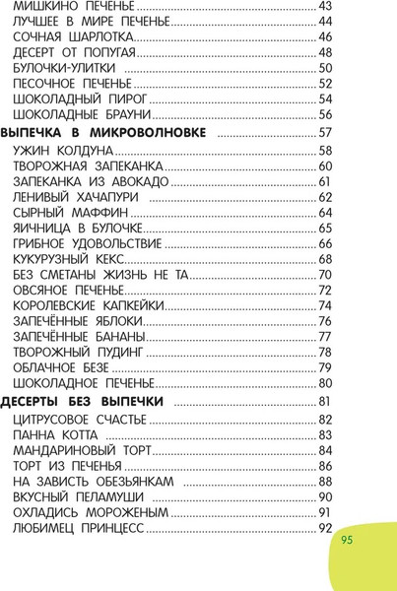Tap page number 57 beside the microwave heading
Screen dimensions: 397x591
point(326,132)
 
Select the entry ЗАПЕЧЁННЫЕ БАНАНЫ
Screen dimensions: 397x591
point(79,336)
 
